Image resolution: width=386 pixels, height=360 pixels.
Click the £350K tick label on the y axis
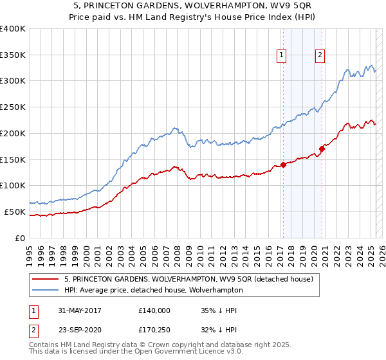(12, 55)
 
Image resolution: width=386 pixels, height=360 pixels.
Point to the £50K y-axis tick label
(15, 212)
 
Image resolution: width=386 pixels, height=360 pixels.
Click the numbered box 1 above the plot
(282, 56)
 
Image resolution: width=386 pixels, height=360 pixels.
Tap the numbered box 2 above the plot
(320, 56)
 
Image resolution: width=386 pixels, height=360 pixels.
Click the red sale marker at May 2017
(283, 165)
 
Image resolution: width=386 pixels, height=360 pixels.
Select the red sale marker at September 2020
(322, 150)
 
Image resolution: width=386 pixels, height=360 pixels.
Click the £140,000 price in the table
(154, 310)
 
